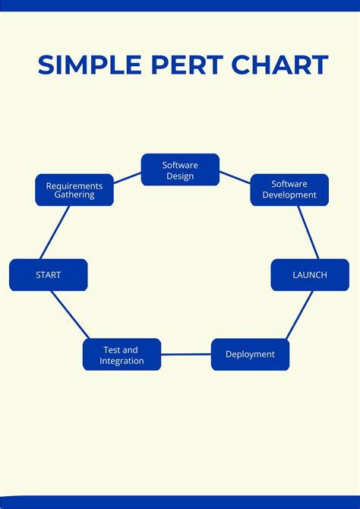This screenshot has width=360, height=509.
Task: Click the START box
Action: pos(49,275)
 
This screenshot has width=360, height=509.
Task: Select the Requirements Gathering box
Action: pos(74,190)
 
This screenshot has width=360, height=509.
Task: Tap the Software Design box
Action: pos(180,170)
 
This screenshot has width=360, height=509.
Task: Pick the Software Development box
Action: pos(289,190)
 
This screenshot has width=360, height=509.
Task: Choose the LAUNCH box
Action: pos(310,275)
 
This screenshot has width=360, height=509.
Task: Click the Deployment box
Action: pos(250,355)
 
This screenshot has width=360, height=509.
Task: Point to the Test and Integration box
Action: pos(122,355)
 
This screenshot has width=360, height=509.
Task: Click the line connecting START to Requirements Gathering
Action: pos(55,232)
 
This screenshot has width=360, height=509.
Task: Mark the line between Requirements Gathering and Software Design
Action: pos(128,179)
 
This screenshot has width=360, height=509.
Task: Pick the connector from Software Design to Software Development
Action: pos(235,178)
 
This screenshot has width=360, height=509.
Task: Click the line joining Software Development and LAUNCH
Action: pos(308,232)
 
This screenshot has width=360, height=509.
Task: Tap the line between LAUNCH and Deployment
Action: pos(299,315)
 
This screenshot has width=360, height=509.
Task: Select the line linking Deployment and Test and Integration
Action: pos(186,355)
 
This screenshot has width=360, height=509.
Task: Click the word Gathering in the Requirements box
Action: pos(74,195)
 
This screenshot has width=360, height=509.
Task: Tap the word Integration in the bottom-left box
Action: pos(122,361)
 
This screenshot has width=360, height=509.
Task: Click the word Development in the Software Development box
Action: pos(289,195)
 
